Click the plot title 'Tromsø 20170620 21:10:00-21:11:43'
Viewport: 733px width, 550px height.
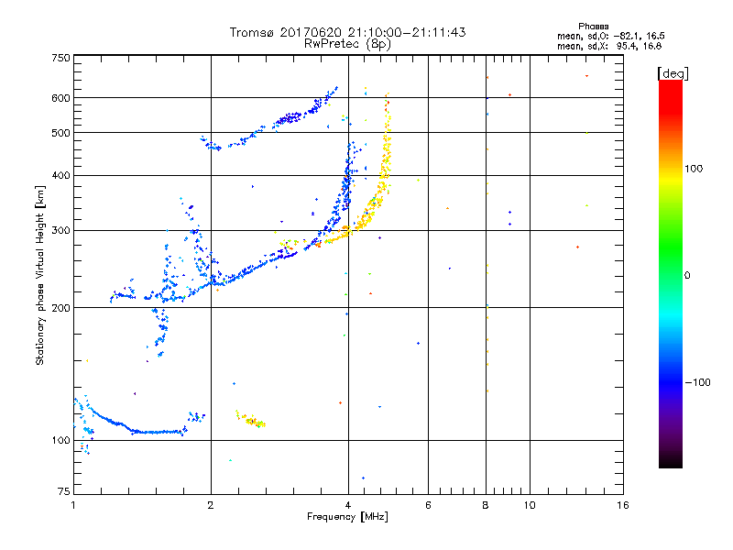click(x=347, y=32)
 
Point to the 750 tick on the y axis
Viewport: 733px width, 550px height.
click(x=61, y=58)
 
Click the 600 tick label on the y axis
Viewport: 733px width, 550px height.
click(x=61, y=97)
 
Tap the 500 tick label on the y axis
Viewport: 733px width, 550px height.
click(x=61, y=132)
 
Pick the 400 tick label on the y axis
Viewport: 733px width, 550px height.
click(x=61, y=175)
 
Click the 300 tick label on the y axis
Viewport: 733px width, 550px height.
click(x=61, y=230)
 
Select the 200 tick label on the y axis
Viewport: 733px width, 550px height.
click(x=61, y=307)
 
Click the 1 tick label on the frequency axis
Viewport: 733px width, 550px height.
click(x=73, y=505)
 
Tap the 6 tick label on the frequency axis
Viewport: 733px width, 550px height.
click(x=428, y=505)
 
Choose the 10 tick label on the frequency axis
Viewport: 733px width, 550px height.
click(x=529, y=505)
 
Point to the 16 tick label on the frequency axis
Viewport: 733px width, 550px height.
click(x=622, y=505)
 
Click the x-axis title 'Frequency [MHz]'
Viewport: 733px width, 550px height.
click(x=347, y=518)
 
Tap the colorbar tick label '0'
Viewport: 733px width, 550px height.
click(x=687, y=275)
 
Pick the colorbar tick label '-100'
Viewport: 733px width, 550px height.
click(x=696, y=382)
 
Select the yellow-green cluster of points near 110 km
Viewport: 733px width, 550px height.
click(x=250, y=420)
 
